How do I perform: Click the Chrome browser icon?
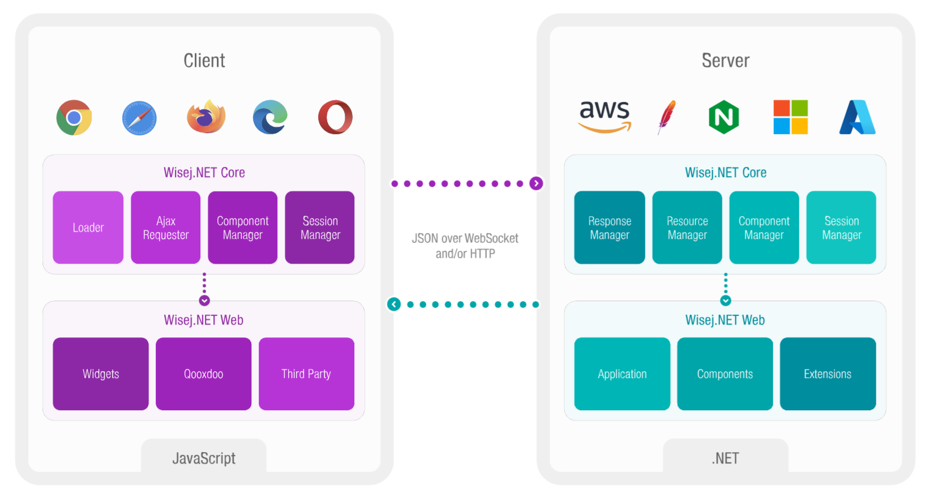pyautogui.click(x=74, y=118)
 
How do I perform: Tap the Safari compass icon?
pyautogui.click(x=139, y=118)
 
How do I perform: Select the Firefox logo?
pyautogui.click(x=206, y=117)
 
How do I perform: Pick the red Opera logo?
pyautogui.click(x=335, y=117)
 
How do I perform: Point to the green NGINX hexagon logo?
pyautogui.click(x=724, y=117)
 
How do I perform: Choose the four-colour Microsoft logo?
pyautogui.click(x=790, y=117)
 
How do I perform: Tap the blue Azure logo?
pyautogui.click(x=857, y=117)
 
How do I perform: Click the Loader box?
pyautogui.click(x=88, y=227)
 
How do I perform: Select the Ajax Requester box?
pyautogui.click(x=166, y=227)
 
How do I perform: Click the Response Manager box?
pyautogui.click(x=610, y=227)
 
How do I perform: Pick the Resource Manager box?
pyautogui.click(x=687, y=227)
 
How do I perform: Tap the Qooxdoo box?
pyautogui.click(x=204, y=374)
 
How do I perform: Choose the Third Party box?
pyautogui.click(x=306, y=374)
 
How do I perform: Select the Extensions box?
pyautogui.click(x=828, y=374)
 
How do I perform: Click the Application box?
pyautogui.click(x=622, y=374)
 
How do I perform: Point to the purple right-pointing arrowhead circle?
pyautogui.click(x=536, y=183)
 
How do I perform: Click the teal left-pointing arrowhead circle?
pyautogui.click(x=394, y=304)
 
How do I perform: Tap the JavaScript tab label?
pyautogui.click(x=204, y=458)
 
